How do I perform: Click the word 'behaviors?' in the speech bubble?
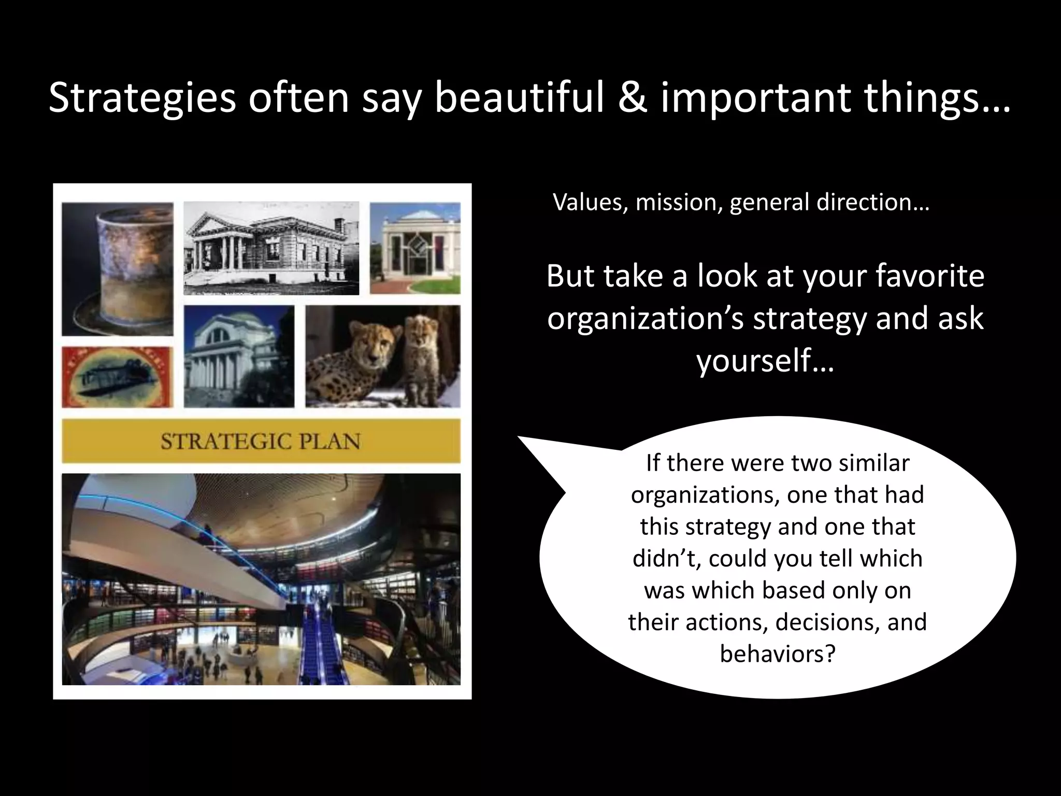(778, 653)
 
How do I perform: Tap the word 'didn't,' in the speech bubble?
(667, 558)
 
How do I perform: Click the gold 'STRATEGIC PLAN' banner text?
(261, 441)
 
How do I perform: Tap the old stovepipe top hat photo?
(118, 269)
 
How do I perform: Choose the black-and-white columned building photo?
(271, 248)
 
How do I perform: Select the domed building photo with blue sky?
(239, 356)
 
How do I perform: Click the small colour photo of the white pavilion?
(415, 248)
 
